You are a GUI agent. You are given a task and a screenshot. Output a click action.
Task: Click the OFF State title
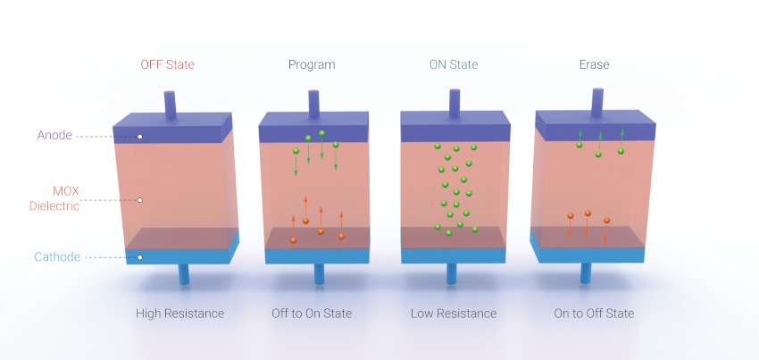(168, 64)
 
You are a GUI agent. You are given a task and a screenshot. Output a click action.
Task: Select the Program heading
(312, 65)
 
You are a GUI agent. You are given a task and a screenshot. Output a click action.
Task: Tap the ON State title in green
(454, 64)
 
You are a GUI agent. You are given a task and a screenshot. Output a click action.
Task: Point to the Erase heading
(594, 64)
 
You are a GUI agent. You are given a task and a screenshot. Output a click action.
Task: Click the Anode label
(54, 135)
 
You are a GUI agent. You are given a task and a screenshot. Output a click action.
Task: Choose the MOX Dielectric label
(54, 198)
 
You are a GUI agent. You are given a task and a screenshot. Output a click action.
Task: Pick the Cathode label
(57, 256)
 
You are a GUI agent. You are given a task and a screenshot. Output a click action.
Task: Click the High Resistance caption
(179, 314)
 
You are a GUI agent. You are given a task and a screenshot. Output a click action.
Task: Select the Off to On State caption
(312, 314)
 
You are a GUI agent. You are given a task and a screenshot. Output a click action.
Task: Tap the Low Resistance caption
(454, 314)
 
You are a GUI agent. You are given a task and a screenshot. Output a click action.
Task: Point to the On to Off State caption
(594, 314)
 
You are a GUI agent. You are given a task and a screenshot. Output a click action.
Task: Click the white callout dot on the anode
(140, 137)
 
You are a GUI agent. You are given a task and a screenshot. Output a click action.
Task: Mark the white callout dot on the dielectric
(140, 199)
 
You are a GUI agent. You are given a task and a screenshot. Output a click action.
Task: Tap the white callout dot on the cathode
(140, 257)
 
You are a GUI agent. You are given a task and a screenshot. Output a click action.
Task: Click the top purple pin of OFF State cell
(170, 105)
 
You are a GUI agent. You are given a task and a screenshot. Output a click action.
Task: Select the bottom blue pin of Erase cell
(586, 273)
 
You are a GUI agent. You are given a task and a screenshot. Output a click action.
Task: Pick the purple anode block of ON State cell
(455, 127)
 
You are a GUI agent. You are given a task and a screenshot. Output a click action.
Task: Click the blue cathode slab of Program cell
(317, 255)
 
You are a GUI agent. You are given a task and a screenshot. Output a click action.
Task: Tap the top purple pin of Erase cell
(597, 103)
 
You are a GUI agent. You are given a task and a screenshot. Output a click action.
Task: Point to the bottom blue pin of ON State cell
(452, 273)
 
